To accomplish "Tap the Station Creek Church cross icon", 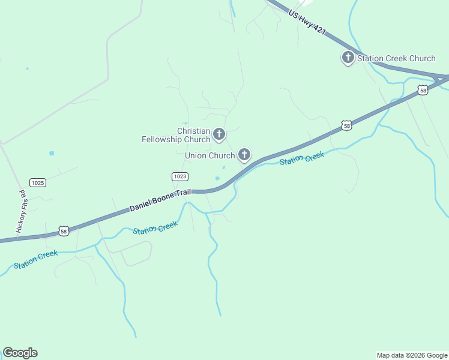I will pos(348,58).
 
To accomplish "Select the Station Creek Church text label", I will pos(396,58).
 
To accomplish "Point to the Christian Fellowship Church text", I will pos(176,135).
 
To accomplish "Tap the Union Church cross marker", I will pos(244,155).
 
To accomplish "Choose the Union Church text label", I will pos(210,155).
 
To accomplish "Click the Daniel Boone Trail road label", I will pos(160,200).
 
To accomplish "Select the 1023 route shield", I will pos(180,176).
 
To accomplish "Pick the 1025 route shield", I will pos(38,182).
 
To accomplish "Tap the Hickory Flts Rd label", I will pos(20,212).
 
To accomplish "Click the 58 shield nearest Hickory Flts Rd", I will pos(64,230).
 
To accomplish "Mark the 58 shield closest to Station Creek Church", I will pos(423,91).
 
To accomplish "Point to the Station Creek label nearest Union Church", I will pos(302,158).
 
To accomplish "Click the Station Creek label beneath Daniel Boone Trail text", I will pos(155,228).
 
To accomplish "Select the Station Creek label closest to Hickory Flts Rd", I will pos(36,259).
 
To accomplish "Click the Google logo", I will pos(20,353).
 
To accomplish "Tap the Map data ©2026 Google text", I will pos(412,355).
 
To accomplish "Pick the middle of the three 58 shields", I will pos(346,125).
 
